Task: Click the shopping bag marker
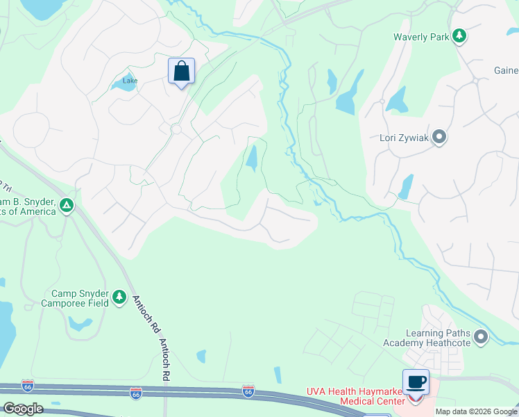pos(181,72)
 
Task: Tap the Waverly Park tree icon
pos(459,36)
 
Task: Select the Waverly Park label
pos(421,37)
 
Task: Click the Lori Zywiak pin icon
pos(439,137)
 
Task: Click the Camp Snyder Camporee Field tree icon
pos(119,297)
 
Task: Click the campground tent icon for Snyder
pos(67,205)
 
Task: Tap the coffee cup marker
pos(416,382)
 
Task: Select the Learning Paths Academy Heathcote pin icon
pos(481,338)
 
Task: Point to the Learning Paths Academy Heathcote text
pos(427,338)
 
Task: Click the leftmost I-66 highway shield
pos(28,386)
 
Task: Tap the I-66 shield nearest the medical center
pos(248,391)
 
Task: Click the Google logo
pos(23,409)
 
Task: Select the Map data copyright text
pos(475,411)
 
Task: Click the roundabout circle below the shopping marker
pos(176,129)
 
